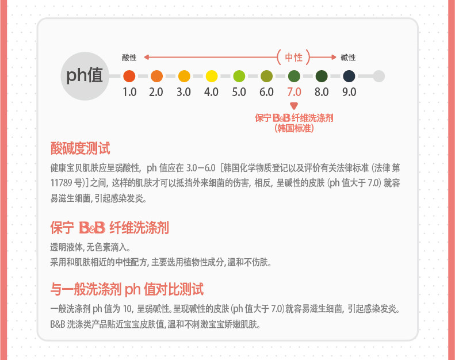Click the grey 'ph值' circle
click(85, 75)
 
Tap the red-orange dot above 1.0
click(129, 76)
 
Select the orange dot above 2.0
click(156, 76)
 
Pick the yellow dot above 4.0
click(212, 76)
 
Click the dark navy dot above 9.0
click(349, 76)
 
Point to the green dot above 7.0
click(294, 76)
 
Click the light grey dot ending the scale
click(378, 76)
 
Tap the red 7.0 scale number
click(294, 92)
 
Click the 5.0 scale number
click(239, 92)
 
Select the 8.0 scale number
click(321, 92)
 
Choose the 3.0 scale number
click(184, 92)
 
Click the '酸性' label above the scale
click(129, 58)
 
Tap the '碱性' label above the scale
click(348, 58)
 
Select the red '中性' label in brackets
click(293, 57)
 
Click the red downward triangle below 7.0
click(294, 105)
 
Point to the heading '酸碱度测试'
click(80, 149)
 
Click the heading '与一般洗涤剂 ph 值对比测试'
click(127, 289)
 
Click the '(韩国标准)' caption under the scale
click(294, 128)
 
